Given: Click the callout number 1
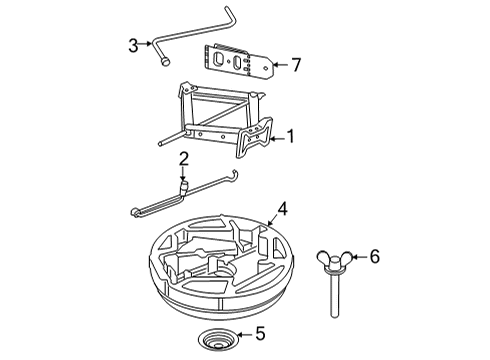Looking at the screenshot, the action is (x=291, y=136).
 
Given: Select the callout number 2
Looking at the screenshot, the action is (x=184, y=159).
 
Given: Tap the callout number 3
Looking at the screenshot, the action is (x=133, y=46).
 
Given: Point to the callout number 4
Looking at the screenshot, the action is (x=282, y=209).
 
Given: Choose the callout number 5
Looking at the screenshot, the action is (x=260, y=333).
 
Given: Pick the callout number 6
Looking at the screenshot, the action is (x=375, y=257).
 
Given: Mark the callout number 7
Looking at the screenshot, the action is (x=296, y=65).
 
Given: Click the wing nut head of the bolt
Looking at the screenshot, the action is (x=334, y=260).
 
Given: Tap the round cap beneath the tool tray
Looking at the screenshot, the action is (x=218, y=340).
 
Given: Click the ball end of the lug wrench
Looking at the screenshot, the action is (x=165, y=62).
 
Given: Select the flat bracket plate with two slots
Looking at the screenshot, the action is (x=238, y=62).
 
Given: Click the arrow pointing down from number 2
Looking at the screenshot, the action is (x=183, y=174).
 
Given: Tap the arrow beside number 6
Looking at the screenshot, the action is (x=359, y=257).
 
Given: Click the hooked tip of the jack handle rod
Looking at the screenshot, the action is (x=235, y=174).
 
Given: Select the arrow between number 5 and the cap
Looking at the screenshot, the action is (x=245, y=334).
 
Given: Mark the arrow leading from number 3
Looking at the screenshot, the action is (x=145, y=43).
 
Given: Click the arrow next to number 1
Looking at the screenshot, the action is (x=278, y=139).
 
